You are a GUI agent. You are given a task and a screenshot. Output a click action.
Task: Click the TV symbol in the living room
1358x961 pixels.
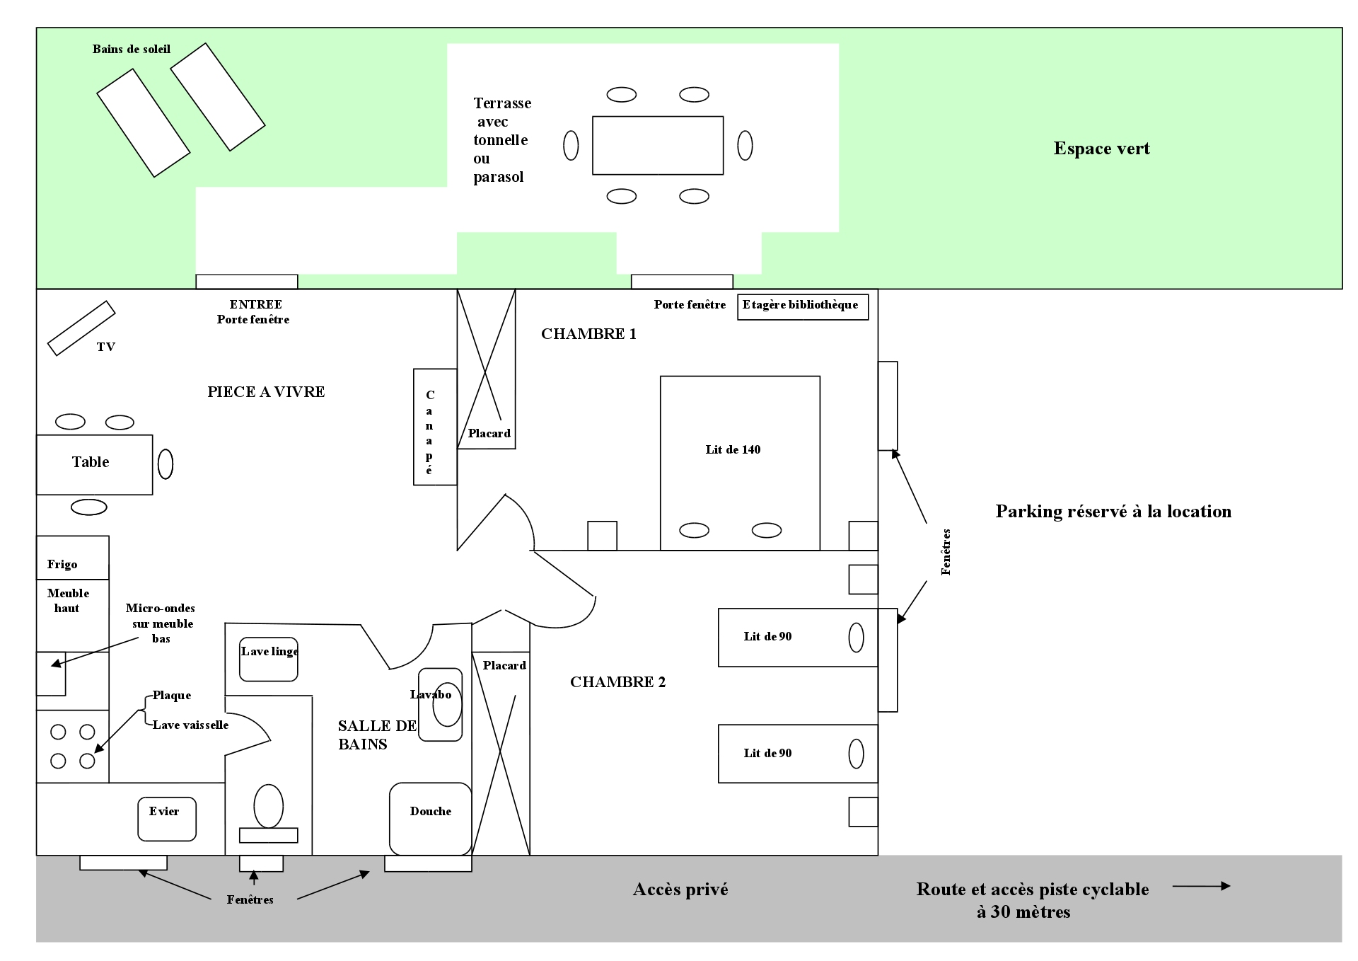pyautogui.click(x=81, y=328)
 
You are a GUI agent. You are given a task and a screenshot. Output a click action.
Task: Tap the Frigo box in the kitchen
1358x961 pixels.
pyautogui.click(x=72, y=558)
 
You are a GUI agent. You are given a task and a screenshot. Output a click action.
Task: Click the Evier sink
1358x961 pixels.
pyautogui.click(x=166, y=819)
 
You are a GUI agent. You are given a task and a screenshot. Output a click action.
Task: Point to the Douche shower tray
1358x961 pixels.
pyautogui.click(x=430, y=819)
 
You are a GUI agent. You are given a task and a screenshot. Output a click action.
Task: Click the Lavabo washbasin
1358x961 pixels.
pyautogui.click(x=441, y=705)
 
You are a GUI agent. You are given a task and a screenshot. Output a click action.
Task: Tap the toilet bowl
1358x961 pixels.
pyautogui.click(x=269, y=806)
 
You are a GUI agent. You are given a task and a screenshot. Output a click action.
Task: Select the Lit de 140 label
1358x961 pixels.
pyautogui.click(x=733, y=450)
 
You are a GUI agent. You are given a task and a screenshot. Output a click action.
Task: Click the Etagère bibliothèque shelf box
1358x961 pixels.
pyautogui.click(x=802, y=306)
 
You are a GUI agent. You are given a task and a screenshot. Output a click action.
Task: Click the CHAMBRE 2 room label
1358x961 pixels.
pyautogui.click(x=617, y=682)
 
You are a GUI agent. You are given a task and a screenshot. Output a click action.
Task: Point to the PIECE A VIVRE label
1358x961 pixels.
pyautogui.click(x=266, y=392)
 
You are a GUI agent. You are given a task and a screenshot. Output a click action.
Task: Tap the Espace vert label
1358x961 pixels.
pyautogui.click(x=1101, y=149)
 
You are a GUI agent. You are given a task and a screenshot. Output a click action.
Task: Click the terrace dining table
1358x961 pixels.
pyautogui.click(x=658, y=145)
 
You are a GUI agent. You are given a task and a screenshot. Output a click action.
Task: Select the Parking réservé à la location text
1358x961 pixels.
pyautogui.click(x=1113, y=512)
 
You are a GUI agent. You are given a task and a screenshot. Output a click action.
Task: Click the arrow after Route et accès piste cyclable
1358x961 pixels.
pyautogui.click(x=1201, y=886)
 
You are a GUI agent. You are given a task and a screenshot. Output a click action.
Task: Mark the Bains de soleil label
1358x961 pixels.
pyautogui.click(x=132, y=50)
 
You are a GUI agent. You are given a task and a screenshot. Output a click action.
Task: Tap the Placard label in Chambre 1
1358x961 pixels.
pyautogui.click(x=489, y=434)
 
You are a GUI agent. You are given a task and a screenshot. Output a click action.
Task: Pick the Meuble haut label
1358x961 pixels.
pyautogui.click(x=68, y=601)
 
